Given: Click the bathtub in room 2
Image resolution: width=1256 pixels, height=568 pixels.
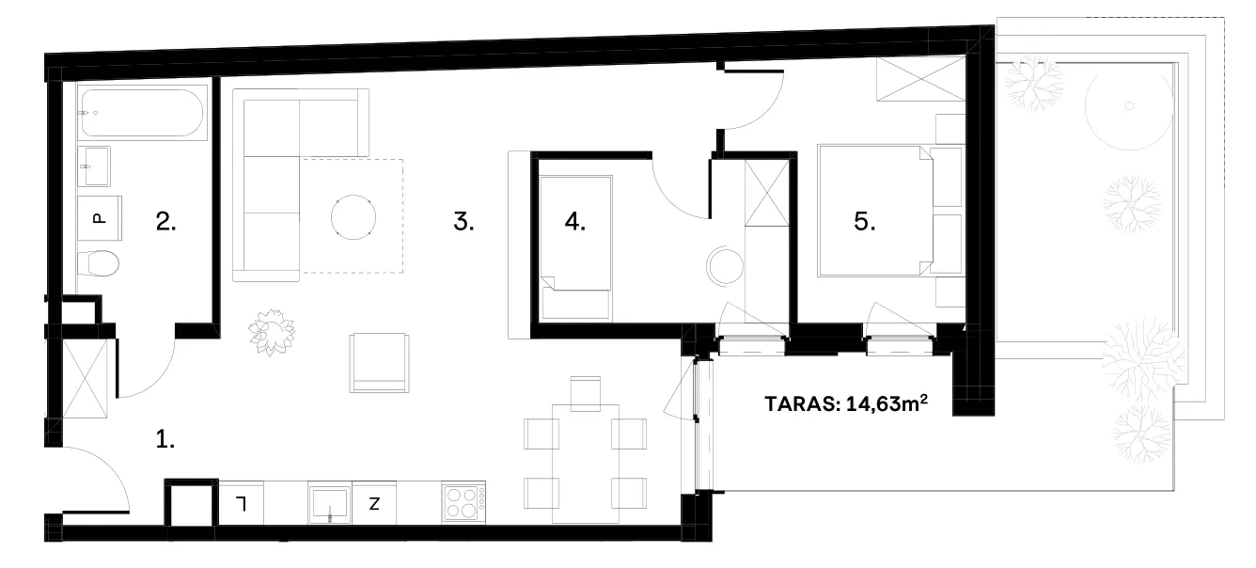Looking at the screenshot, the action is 142,113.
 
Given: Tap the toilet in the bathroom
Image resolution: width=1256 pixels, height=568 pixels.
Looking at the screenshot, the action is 98,263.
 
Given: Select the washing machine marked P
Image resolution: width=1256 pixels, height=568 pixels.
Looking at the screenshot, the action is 100,218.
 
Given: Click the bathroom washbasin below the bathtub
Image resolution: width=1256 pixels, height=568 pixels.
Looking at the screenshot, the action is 94,166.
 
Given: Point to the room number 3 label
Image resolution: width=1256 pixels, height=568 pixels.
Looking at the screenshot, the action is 463,222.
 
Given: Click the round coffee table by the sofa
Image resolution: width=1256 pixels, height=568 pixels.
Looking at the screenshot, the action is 353,217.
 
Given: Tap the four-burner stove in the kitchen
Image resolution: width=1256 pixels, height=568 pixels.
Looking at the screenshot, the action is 463,503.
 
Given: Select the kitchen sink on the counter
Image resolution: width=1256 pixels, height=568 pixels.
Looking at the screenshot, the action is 330,503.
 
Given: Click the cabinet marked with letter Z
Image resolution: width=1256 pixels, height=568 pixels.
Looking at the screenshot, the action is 374,503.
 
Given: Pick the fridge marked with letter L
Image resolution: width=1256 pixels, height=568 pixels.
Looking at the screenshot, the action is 241,503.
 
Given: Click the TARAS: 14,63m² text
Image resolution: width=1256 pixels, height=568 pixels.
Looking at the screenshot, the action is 846,403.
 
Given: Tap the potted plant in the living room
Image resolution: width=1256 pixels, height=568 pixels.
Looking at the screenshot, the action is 272,332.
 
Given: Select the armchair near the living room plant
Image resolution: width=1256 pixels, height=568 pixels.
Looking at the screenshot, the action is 379,363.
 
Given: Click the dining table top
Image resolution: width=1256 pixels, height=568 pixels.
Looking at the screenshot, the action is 586,464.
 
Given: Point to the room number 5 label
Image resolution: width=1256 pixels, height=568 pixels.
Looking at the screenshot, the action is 865,222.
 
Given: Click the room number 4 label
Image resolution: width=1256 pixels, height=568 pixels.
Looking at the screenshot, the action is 575,222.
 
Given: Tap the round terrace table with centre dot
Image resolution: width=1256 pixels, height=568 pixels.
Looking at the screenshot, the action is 1129,106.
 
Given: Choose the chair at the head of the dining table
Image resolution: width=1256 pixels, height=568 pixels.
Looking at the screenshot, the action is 586,393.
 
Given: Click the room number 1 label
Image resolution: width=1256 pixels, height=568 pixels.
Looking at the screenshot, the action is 165,439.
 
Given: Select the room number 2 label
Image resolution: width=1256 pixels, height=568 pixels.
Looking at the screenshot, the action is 166,222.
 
